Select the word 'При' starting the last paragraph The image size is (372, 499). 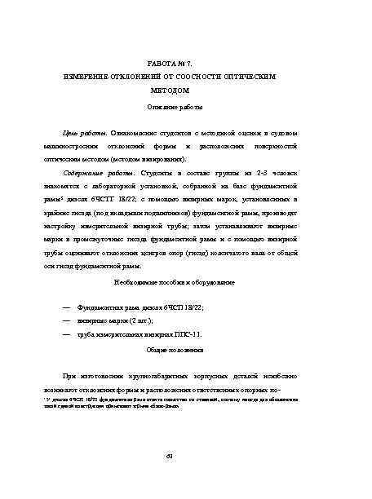71,375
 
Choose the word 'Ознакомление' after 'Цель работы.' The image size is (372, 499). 133,132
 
